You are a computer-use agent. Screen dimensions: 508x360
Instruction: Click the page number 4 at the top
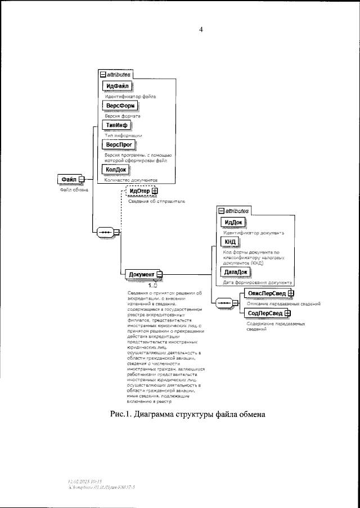tap(201, 30)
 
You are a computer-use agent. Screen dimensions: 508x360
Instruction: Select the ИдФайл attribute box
tap(117, 86)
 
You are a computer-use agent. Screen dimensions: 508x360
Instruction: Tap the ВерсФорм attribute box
tap(119, 106)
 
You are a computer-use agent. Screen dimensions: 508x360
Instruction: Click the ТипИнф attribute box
tap(116, 125)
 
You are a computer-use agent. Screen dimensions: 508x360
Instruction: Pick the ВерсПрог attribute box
tap(119, 145)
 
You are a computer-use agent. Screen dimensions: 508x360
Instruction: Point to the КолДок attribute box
tap(116, 169)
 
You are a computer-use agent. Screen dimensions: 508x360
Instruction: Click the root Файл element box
tap(69, 179)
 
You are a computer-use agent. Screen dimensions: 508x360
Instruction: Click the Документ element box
tap(142, 274)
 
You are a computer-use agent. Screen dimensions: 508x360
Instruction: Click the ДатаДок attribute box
tap(235, 272)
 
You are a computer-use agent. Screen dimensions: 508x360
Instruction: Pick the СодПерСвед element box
tap(262, 313)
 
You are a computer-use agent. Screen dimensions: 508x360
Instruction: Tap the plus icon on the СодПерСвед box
tap(286, 313)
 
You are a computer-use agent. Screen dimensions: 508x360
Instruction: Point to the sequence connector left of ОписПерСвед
tap(223, 303)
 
